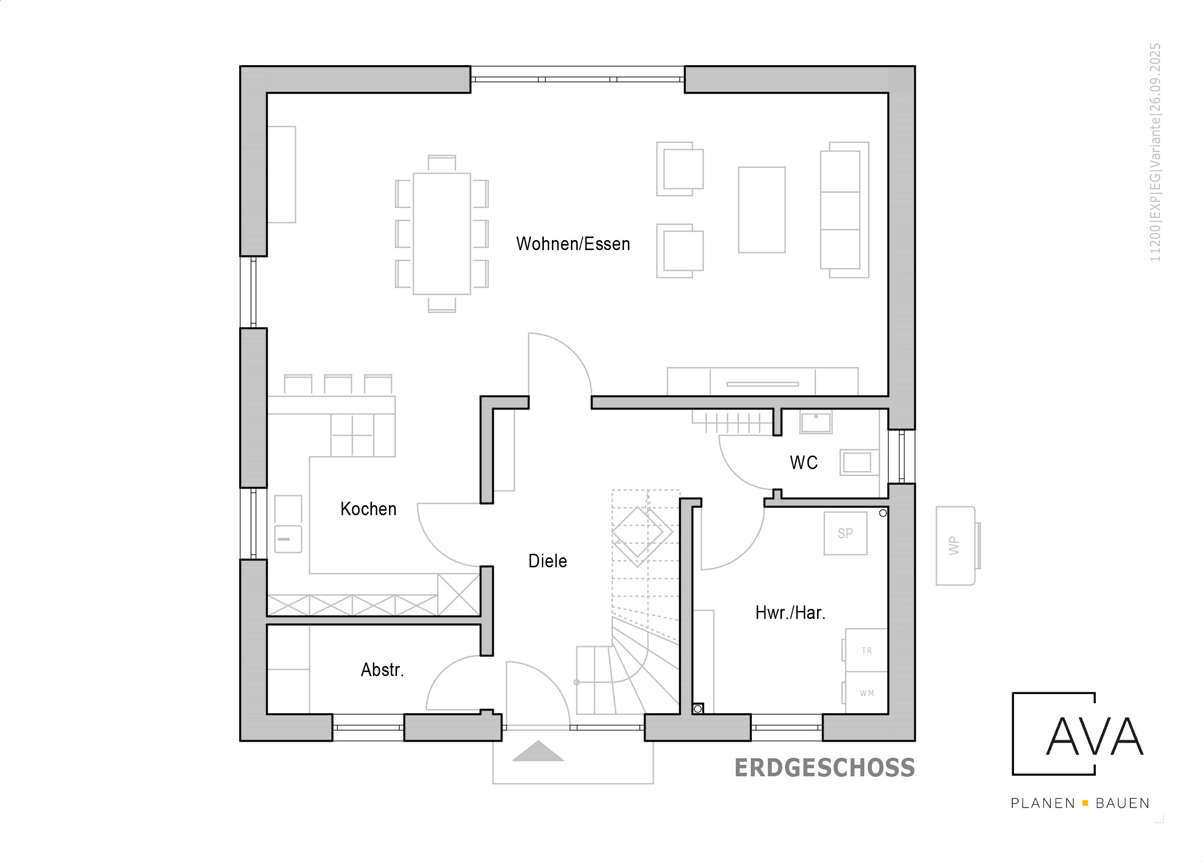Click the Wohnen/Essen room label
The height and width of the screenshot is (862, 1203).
coord(573,244)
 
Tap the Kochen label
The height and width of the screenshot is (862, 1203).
coord(368,509)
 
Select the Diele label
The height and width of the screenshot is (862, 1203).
coord(547,561)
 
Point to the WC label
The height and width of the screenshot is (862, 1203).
coord(804,463)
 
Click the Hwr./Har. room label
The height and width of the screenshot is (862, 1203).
coord(790,613)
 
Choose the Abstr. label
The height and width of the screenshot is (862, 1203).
coord(382,670)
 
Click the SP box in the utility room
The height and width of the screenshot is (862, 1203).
coord(845,533)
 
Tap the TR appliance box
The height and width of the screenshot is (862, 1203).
coord(866,651)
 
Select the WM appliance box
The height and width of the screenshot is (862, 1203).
coord(866,693)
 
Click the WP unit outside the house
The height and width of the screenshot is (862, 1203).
coord(956,546)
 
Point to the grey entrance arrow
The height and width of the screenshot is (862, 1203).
coord(538,751)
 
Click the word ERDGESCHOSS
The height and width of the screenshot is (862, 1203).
coord(825,768)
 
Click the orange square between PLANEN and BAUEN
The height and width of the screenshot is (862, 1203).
coord(1085,804)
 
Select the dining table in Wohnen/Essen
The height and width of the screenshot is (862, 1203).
coord(442,234)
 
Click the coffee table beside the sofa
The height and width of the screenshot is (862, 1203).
coord(762,210)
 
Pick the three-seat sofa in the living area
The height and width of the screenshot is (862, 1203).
coord(845,210)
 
